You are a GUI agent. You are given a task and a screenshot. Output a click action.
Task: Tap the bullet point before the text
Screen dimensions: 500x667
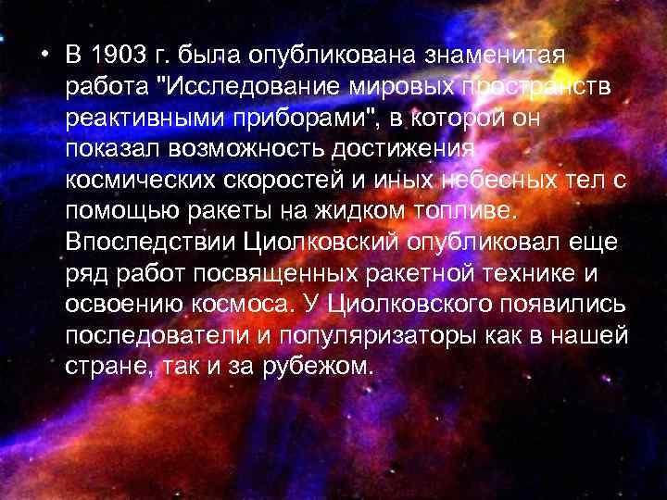pyautogui.click(x=44, y=53)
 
